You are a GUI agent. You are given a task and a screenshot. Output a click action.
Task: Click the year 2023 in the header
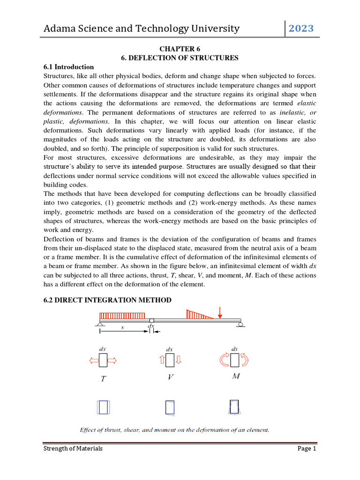point(301,29)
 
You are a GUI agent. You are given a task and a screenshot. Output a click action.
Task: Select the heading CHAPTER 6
point(180,48)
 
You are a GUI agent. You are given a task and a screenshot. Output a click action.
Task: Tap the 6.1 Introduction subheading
point(68,67)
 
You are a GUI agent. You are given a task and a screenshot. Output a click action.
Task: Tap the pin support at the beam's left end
point(99,324)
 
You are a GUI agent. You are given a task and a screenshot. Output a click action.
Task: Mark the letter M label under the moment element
point(236,376)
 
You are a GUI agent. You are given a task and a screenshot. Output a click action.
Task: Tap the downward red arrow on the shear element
point(179,360)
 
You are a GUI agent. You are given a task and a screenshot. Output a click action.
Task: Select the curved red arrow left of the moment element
point(224,360)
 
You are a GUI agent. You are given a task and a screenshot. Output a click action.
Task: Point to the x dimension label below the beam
point(122,328)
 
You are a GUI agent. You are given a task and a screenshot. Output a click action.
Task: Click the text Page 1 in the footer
point(307,449)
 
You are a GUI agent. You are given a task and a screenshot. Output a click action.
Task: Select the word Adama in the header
point(60,29)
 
